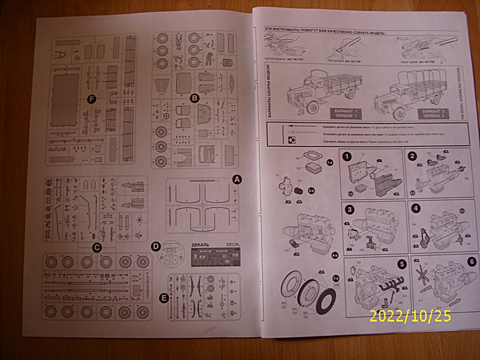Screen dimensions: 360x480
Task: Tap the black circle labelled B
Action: click(x=194, y=98)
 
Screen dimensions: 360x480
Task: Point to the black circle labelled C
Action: click(x=96, y=246)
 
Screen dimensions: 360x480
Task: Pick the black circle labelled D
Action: click(x=155, y=246)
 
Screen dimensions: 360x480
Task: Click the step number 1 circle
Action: click(x=347, y=156)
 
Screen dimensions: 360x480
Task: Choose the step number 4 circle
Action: click(x=416, y=209)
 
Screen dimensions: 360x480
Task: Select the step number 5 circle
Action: click(x=401, y=263)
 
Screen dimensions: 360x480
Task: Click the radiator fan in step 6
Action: click(x=427, y=277)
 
